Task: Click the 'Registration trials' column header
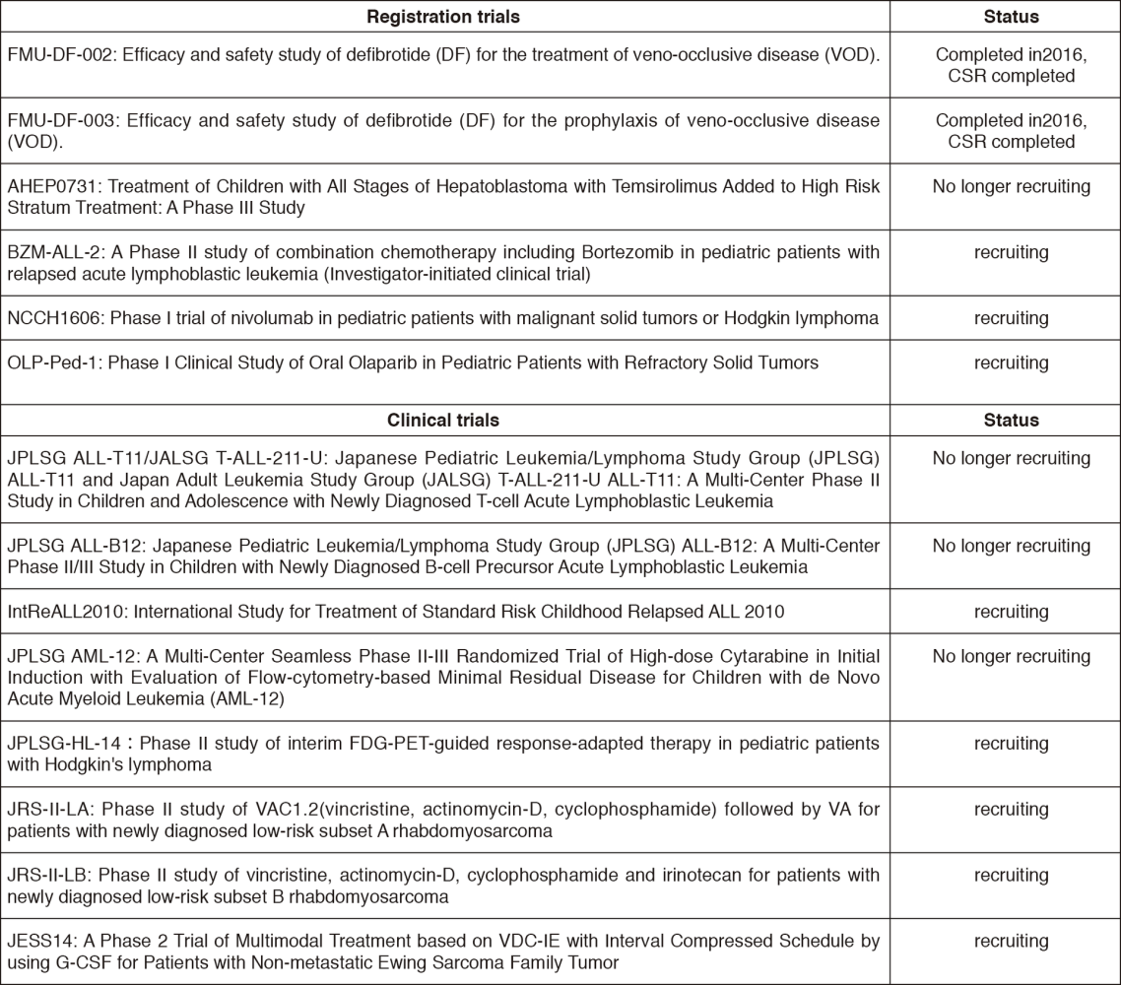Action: (x=443, y=17)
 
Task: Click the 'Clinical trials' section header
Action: (x=443, y=421)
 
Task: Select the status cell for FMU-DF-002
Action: (x=1011, y=64)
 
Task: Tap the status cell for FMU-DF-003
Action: (x=1011, y=131)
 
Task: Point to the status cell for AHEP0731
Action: (x=1011, y=187)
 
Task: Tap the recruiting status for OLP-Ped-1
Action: (x=1011, y=363)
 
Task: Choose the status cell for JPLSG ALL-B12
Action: (x=1011, y=547)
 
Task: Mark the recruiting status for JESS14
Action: (x=1011, y=942)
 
